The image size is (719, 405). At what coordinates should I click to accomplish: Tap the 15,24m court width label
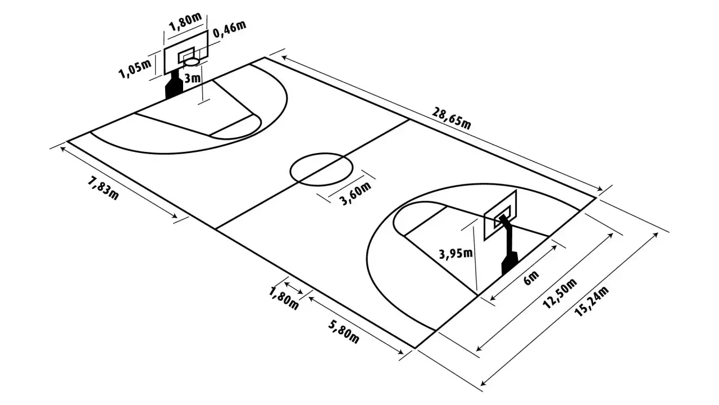tap(591, 301)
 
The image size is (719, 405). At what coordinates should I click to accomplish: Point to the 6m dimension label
tap(531, 278)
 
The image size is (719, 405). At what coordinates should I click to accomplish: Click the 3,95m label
tap(456, 254)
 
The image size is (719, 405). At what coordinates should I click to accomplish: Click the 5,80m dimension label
tap(343, 332)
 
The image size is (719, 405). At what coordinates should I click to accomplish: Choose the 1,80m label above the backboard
tap(185, 22)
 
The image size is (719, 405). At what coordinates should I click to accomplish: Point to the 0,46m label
tap(229, 29)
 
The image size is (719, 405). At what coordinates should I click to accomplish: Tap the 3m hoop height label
tap(192, 78)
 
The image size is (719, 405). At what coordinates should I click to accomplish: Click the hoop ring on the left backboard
tap(192, 62)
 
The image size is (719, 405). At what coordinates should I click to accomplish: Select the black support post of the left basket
tap(174, 84)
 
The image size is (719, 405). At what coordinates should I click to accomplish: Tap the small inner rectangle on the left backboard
tap(186, 55)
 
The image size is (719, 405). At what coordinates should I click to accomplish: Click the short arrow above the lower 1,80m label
tap(293, 288)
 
